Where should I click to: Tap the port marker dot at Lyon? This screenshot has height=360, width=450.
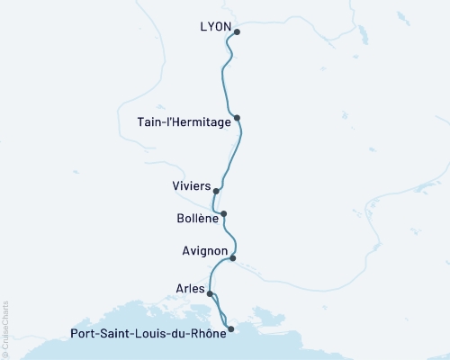point(237,32)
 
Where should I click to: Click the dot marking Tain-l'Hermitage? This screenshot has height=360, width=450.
point(237,118)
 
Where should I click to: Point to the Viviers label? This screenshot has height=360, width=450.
point(191,186)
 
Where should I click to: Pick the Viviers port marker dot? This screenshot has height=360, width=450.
point(216,191)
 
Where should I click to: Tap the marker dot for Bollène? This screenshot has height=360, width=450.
point(223,214)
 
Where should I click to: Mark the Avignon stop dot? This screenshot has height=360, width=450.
point(233,258)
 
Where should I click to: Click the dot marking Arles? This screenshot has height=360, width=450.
point(210,293)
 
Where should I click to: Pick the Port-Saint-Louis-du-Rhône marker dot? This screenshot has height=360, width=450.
point(231,329)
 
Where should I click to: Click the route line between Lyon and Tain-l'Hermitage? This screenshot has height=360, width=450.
point(224,76)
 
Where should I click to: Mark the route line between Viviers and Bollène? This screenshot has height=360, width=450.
point(219,202)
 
